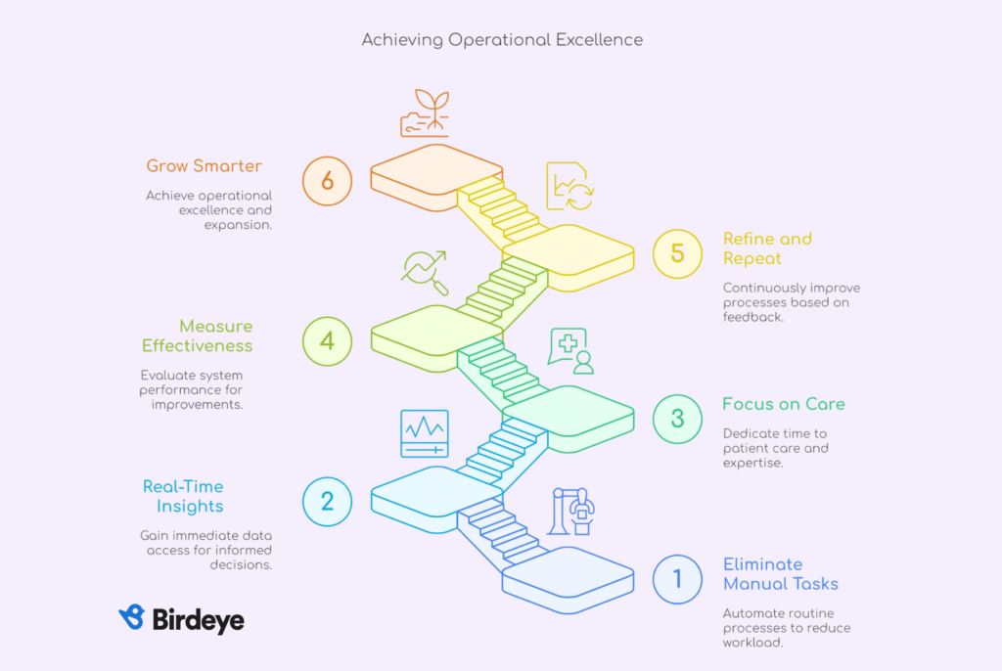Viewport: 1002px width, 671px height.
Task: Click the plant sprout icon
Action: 425,113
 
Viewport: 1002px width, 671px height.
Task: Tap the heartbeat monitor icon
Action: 425,434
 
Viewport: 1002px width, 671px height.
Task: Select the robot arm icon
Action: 571,512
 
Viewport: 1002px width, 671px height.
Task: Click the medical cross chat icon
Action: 570,351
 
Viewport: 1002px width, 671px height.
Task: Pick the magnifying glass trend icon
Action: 425,273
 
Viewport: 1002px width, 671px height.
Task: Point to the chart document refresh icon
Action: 570,186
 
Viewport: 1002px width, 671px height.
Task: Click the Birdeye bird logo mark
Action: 132,617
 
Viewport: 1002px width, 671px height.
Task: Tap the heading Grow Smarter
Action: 204,166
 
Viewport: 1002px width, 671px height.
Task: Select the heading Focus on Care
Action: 784,404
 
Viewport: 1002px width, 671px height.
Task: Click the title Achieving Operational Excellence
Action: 502,40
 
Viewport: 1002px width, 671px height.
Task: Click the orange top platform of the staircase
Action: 436,168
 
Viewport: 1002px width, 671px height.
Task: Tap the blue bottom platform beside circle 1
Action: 569,571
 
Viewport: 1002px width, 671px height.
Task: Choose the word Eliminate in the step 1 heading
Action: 763,564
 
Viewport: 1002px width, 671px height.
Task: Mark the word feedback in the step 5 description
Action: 752,317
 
